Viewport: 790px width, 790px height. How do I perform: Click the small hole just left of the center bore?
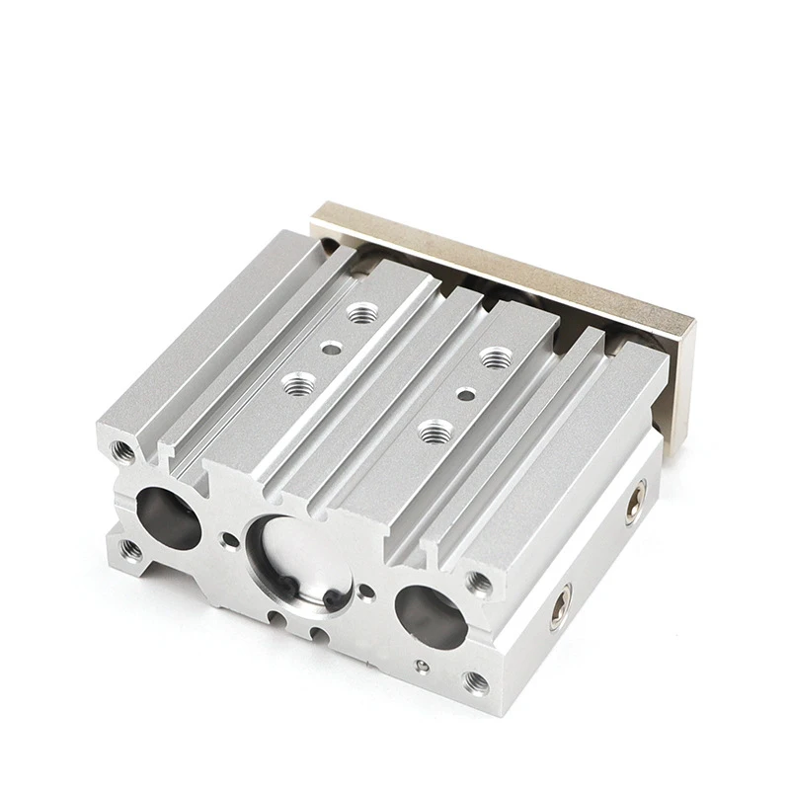(230, 539)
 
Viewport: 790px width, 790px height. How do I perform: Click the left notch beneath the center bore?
(279, 619)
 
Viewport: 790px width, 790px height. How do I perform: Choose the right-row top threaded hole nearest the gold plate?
(494, 355)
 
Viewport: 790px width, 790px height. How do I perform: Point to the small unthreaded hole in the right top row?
(462, 392)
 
